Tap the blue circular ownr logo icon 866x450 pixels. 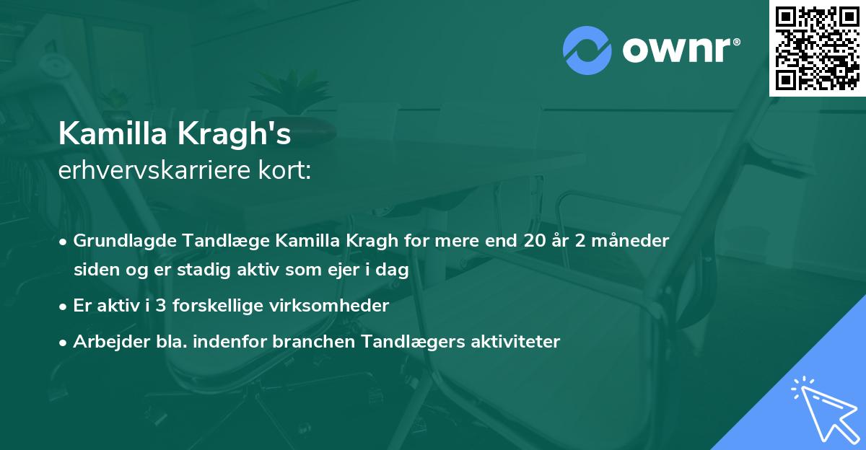tap(587, 50)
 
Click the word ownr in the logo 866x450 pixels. tap(679, 50)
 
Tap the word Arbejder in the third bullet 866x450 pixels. tap(105, 342)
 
